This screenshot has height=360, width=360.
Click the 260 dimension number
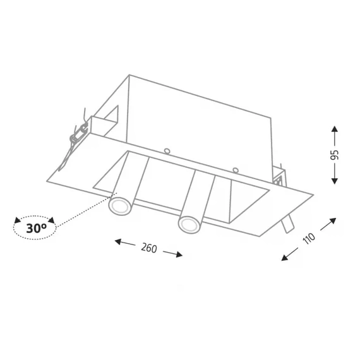[x=149, y=248]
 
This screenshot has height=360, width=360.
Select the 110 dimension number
[x=309, y=239]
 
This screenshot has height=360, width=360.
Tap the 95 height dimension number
[x=334, y=155]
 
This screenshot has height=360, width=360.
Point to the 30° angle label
[x=36, y=228]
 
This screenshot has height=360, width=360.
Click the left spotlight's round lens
[x=119, y=206]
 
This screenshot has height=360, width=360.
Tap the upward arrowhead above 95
[x=335, y=129]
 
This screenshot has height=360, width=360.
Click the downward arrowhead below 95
[x=335, y=181]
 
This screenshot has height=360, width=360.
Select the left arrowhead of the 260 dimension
[x=118, y=241]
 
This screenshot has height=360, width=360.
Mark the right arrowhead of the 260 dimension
[x=179, y=254]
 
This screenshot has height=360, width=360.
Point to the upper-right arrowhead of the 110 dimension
[x=333, y=221]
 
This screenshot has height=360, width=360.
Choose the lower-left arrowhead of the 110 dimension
[x=285, y=258]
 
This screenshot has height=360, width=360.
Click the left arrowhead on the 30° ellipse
[x=17, y=220]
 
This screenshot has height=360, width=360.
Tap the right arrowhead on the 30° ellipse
[x=51, y=220]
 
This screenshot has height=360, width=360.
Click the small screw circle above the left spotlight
[x=167, y=151]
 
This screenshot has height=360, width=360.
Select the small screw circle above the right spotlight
[x=236, y=170]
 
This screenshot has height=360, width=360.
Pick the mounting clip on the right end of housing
[x=279, y=176]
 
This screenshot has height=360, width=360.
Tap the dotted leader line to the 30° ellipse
[x=87, y=210]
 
